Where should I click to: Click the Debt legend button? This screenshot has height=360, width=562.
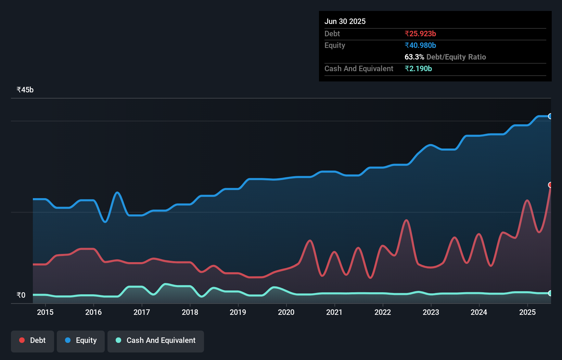[33, 340]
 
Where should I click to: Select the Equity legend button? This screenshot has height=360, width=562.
[81, 340]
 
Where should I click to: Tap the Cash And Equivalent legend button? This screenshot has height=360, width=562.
[156, 340]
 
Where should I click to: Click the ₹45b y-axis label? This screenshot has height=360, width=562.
[25, 90]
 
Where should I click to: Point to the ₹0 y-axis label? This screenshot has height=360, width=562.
[21, 295]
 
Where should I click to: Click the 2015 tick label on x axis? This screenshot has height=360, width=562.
[45, 312]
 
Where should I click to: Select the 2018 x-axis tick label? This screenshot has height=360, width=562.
[190, 312]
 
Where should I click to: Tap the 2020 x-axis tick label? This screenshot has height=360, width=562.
[286, 312]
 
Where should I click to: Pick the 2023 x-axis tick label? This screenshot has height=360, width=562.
[431, 312]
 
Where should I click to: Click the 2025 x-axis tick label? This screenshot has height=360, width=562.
[527, 312]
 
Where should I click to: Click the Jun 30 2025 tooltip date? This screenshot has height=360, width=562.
[345, 22]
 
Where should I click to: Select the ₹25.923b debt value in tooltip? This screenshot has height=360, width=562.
[420, 34]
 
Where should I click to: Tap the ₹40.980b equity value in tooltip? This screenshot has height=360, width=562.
[420, 46]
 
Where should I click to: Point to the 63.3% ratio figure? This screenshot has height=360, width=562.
[414, 57]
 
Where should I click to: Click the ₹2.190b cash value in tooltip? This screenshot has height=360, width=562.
[418, 69]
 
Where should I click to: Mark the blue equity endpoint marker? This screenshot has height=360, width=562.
[550, 116]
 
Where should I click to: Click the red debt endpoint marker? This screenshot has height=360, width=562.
[550, 185]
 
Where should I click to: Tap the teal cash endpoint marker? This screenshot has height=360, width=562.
[550, 293]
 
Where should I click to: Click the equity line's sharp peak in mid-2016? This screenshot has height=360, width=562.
[117, 193]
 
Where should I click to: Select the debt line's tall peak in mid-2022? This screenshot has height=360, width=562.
[406, 220]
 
